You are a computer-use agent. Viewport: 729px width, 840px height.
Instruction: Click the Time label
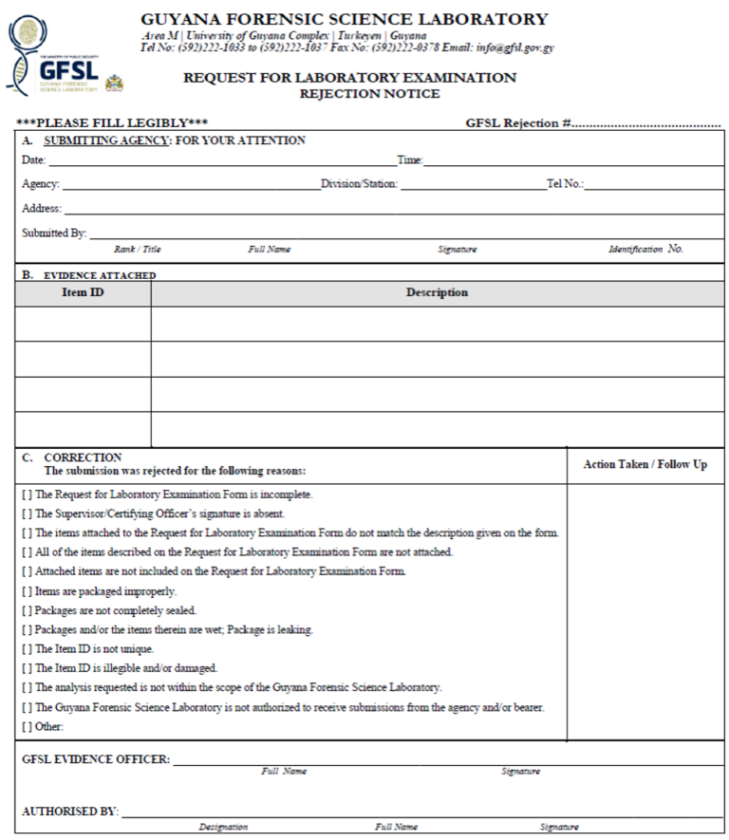pos(409,160)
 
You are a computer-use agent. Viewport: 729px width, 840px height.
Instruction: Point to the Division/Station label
pos(359,184)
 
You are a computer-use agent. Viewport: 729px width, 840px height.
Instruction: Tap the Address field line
pos(380,209)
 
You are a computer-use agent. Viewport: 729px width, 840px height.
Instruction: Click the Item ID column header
pos(83,292)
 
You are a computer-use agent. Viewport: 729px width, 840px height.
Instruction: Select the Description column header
pos(437,292)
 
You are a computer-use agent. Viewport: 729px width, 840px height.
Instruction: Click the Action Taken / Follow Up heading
pos(645,464)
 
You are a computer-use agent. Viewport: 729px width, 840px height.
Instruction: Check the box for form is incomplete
pos(27,495)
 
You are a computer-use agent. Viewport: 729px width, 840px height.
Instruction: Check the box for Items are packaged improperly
pos(27,591)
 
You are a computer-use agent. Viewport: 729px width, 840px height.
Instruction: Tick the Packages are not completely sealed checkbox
pos(27,610)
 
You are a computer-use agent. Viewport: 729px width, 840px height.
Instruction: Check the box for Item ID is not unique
pos(27,649)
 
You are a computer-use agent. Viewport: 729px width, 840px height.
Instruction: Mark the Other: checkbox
pos(27,727)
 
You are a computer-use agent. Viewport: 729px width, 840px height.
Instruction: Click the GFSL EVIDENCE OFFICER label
pos(96,759)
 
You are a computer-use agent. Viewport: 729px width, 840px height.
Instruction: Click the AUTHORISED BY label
pos(70,812)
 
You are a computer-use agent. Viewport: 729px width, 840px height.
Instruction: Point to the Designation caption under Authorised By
pos(223,828)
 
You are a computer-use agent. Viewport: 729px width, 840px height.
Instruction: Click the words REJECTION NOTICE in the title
pos(369,94)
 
